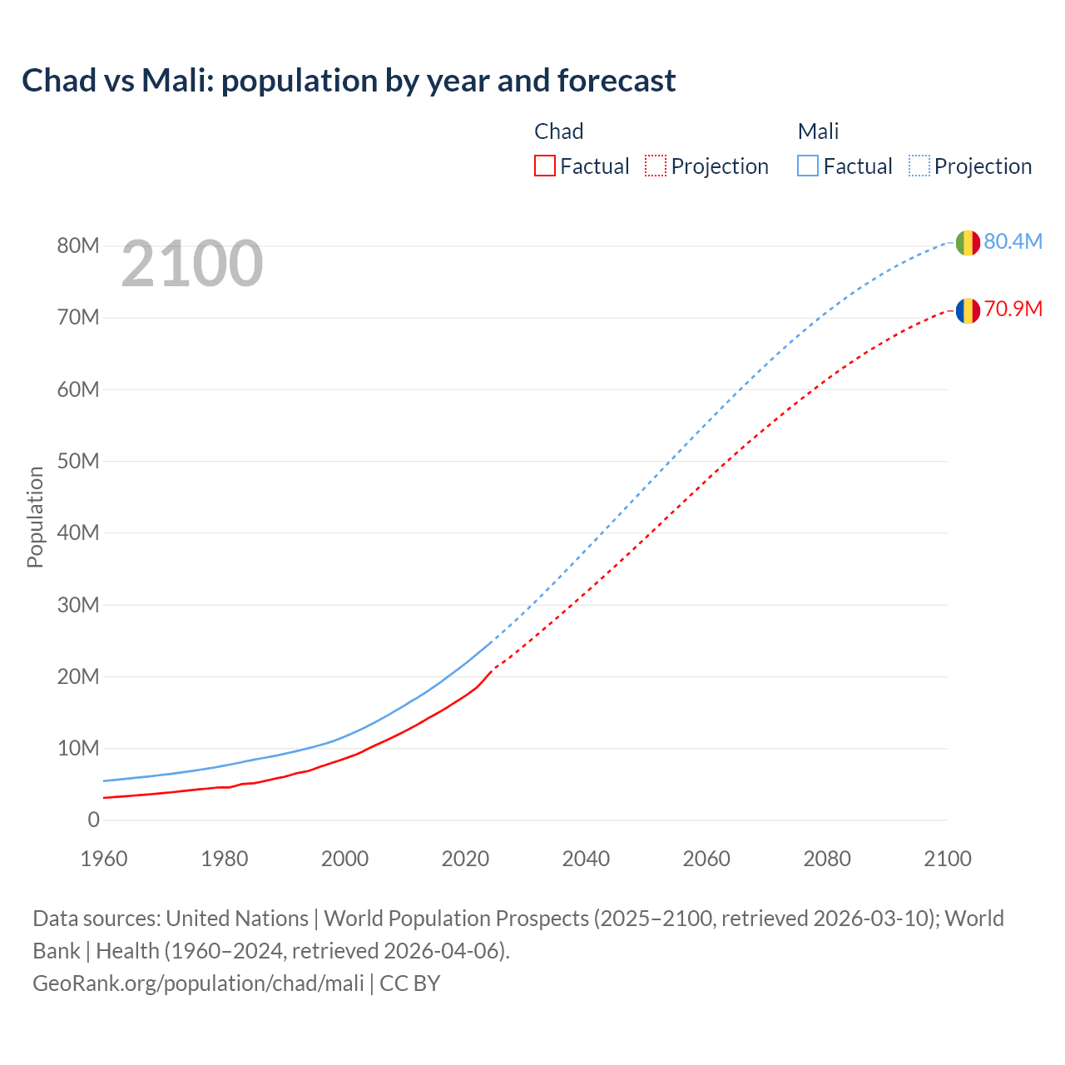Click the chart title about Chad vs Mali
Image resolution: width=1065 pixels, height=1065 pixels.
(349, 81)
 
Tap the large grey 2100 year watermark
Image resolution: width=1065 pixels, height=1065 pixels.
(192, 264)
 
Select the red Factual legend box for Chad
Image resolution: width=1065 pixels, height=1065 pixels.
(545, 166)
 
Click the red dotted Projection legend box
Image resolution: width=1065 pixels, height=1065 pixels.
(656, 166)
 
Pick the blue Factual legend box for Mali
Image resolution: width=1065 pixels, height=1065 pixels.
(808, 166)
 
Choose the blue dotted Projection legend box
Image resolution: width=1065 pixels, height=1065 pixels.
(919, 166)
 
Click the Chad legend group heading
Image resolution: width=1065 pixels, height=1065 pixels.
(558, 131)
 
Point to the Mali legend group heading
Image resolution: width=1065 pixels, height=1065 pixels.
(818, 131)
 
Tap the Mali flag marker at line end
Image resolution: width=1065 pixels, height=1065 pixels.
(967, 243)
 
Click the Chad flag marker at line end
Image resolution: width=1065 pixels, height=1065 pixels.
(967, 311)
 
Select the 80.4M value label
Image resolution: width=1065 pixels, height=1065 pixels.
(1013, 241)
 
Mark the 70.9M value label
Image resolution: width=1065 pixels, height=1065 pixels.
(1013, 309)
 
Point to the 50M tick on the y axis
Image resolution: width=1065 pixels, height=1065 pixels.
(78, 461)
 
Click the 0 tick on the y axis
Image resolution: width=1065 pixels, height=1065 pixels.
(93, 820)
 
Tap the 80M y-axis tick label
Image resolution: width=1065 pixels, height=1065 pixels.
(78, 245)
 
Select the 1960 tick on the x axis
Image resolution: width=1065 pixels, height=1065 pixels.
(104, 859)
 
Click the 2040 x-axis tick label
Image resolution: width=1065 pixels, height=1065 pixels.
(586, 859)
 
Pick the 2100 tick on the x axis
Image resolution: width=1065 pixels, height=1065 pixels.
(947, 859)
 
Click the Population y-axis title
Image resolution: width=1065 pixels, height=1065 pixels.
(35, 517)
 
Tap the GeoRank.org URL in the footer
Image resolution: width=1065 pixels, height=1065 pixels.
(198, 983)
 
